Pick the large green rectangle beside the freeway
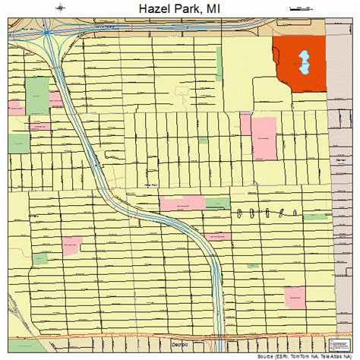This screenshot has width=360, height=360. (36, 96)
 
